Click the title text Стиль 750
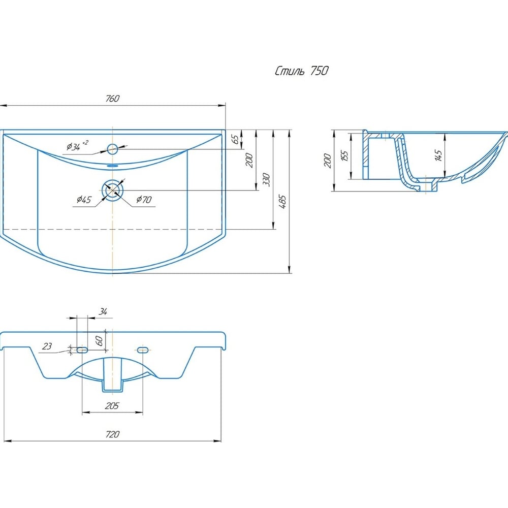pos(302,71)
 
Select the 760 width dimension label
pos(112,98)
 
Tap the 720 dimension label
pos(112,434)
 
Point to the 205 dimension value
pos(112,405)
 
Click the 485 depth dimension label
pos(282,202)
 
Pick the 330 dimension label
pos(266,179)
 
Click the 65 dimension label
pos(236,139)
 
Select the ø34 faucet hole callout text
pos(77,146)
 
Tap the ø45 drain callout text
pos(84,200)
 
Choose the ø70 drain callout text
pos(144,199)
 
